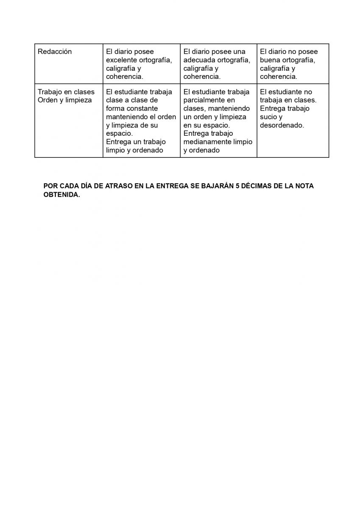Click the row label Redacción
[x=55, y=52]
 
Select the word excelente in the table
[x=121, y=60]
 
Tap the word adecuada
[x=199, y=60]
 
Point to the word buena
[x=269, y=60]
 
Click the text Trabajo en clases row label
[x=66, y=92]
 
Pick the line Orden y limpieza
[x=64, y=100]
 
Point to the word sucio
[x=268, y=117]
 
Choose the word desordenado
[x=282, y=126]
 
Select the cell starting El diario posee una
[x=218, y=64]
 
